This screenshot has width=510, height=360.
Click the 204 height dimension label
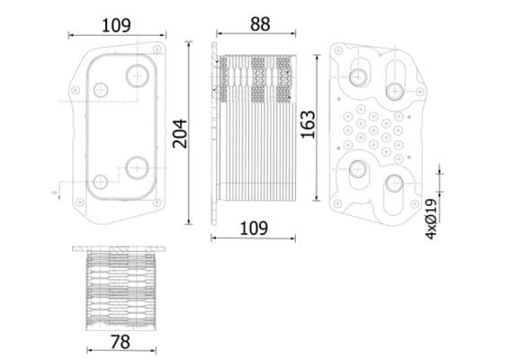179,133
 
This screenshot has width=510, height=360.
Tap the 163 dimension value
308,124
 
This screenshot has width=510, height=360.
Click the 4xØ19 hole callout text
431,219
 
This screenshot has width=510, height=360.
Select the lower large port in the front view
137,166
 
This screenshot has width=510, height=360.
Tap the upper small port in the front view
101,89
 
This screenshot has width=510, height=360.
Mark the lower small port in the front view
100,180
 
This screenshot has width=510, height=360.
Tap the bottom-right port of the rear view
395,184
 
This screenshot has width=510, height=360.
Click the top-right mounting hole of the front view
157,47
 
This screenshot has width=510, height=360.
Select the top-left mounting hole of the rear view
339,49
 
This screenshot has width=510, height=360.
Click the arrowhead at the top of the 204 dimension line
189,41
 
